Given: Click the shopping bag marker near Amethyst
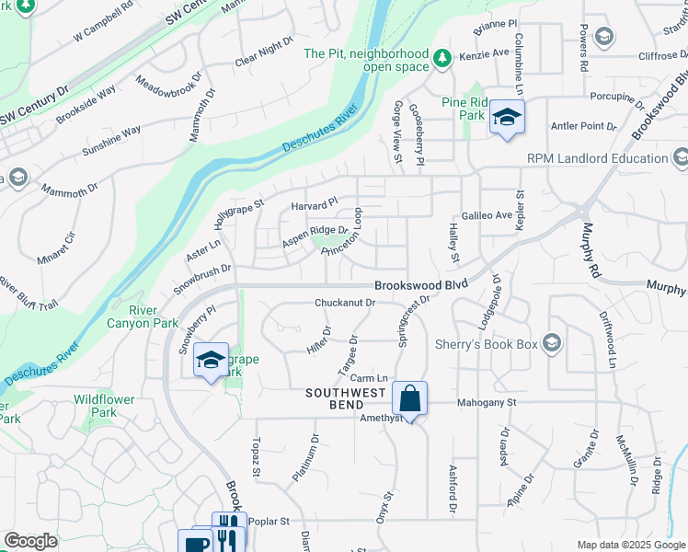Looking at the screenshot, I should coord(410,399).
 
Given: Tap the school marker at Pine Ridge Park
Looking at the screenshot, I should coord(505,117).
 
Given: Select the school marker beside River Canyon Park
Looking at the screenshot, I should coord(211,360).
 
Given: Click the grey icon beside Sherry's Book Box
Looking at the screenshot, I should coord(552,343).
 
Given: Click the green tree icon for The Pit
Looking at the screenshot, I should coord(442,58).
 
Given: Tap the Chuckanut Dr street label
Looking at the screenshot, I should coord(345,302).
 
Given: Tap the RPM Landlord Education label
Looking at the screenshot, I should coord(597,158).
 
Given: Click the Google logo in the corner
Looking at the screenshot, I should coord(30,541).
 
